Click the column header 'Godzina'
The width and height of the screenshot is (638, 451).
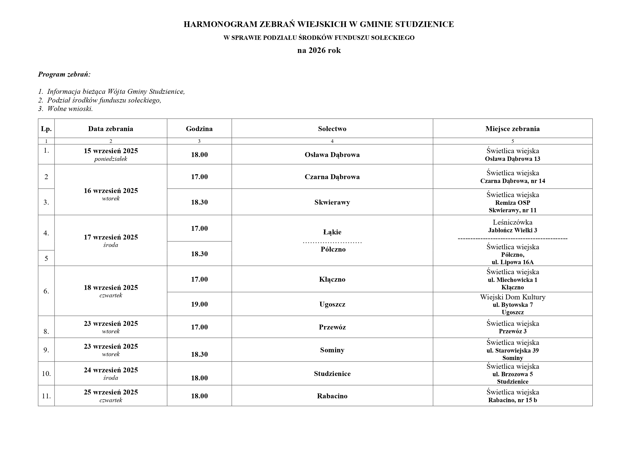[x=199, y=128]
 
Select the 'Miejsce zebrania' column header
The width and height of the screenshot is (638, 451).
[x=513, y=128]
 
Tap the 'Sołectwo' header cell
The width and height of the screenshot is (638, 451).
[x=332, y=128]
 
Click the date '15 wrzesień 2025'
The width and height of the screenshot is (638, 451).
[x=111, y=151]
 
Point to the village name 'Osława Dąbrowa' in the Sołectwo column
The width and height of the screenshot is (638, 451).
[x=332, y=155]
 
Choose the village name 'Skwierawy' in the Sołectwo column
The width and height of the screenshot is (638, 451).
[x=332, y=202]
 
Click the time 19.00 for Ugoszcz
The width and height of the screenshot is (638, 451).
[x=199, y=304]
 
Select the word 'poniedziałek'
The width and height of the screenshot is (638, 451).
[x=111, y=159]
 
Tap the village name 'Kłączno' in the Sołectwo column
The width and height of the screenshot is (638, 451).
[x=332, y=279]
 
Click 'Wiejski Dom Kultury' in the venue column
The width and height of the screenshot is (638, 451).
[x=513, y=297]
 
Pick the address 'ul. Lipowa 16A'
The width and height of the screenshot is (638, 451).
[x=513, y=262]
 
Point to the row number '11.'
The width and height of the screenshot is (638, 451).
[x=46, y=396]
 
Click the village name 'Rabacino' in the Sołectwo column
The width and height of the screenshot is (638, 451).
[x=332, y=396]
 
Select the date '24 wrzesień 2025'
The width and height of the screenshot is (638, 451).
[x=111, y=370]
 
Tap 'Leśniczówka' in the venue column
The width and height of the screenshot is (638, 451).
[x=513, y=222]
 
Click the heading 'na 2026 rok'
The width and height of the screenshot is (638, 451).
[x=319, y=50]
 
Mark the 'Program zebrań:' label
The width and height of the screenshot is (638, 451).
[x=64, y=74]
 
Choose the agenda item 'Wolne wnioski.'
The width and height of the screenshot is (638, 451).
[x=70, y=109]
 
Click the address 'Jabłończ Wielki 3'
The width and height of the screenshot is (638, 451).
[x=513, y=230]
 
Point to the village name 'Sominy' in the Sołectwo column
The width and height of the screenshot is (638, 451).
[x=332, y=350]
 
